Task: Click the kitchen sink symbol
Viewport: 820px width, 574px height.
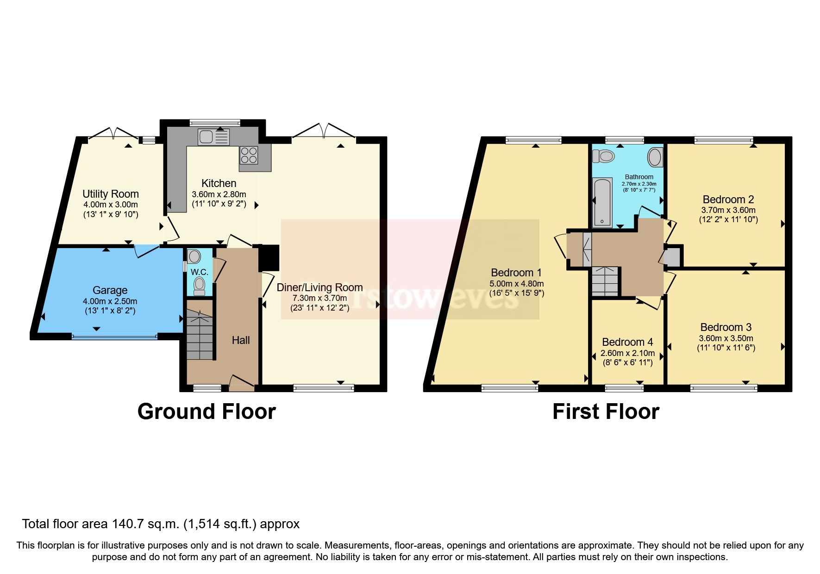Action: (213, 137)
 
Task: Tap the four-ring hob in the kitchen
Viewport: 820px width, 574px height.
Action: (249, 155)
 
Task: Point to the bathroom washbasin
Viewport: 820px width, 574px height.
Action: (655, 157)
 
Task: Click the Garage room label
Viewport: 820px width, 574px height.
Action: (110, 290)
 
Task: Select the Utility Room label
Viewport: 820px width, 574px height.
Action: (111, 194)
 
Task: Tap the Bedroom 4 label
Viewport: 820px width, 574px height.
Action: (627, 342)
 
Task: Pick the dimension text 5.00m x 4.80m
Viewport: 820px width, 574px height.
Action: (516, 283)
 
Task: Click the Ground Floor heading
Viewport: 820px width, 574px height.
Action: (207, 412)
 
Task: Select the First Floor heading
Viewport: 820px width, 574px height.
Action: (606, 412)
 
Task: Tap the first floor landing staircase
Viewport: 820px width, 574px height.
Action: (605, 281)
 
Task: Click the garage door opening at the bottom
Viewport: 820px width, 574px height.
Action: (114, 336)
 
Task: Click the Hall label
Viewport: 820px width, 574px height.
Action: (241, 340)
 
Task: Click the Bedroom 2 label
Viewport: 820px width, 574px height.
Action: (728, 200)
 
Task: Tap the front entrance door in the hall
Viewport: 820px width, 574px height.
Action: (242, 382)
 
